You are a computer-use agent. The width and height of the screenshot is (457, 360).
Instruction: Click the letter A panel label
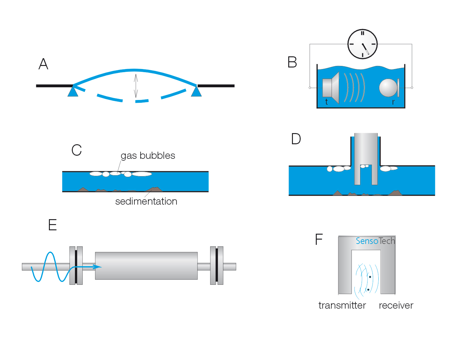click(x=43, y=64)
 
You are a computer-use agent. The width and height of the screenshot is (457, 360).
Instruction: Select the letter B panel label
click(x=292, y=62)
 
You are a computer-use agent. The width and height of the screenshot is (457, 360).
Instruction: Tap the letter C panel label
click(x=76, y=150)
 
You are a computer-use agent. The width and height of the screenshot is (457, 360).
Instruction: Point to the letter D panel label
click(x=296, y=139)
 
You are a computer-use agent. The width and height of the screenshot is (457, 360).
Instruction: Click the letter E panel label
click(x=53, y=225)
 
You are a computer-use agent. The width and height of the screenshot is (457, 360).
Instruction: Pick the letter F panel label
click(x=319, y=239)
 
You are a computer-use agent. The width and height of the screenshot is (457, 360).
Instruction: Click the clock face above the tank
click(x=362, y=44)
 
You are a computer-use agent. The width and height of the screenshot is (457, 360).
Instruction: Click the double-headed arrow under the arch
click(x=136, y=86)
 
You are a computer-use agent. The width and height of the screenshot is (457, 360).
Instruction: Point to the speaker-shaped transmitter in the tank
click(x=331, y=88)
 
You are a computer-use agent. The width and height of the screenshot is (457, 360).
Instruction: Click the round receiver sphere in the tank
click(x=388, y=88)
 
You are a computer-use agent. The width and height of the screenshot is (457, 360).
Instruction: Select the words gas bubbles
click(x=148, y=155)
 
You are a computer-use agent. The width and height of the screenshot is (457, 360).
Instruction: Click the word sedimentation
click(x=146, y=201)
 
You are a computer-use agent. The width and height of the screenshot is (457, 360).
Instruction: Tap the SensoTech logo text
click(x=375, y=241)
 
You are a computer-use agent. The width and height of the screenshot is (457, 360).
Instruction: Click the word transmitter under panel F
click(x=342, y=305)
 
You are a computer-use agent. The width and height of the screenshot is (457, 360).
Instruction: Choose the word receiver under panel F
click(x=396, y=305)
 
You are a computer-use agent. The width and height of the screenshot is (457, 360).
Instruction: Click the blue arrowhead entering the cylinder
click(x=98, y=267)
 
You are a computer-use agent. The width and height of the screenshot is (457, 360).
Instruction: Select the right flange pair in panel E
click(x=217, y=266)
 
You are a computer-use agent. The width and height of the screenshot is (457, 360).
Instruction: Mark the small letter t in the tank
click(x=326, y=102)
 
